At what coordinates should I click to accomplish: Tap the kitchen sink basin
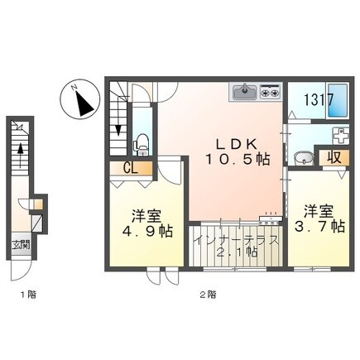click(x=245, y=92)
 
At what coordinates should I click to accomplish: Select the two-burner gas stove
click(x=270, y=91)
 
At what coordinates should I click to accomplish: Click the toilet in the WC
click(x=142, y=145)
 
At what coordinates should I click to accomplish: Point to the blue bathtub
click(x=337, y=100)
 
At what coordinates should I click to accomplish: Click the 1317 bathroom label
click(x=319, y=99)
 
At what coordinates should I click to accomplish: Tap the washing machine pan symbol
click(x=341, y=135)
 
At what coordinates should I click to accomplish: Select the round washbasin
click(x=304, y=158)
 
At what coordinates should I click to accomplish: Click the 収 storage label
click(x=334, y=157)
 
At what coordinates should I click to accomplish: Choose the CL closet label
click(x=131, y=168)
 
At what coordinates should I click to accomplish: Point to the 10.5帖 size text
click(x=237, y=159)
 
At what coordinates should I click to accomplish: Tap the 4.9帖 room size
click(x=147, y=231)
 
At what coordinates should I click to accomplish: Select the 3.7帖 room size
click(x=319, y=227)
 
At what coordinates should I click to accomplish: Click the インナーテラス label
click(x=235, y=240)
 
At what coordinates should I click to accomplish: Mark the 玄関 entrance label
click(x=21, y=244)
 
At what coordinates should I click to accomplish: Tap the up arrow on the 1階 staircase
click(x=20, y=156)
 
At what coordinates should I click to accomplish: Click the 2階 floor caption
click(x=208, y=295)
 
